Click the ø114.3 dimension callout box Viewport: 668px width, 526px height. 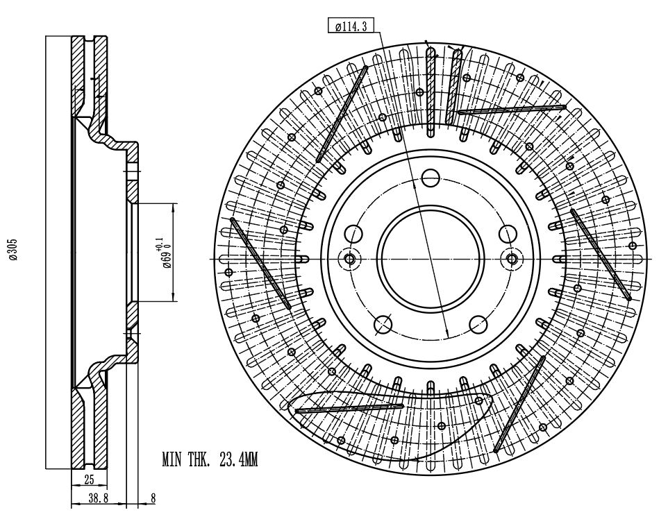pos(351,26)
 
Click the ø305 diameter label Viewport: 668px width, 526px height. pos(14,249)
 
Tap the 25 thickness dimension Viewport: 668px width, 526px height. pos(89,480)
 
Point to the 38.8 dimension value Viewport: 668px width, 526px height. pos(99,498)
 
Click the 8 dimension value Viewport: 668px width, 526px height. pos(153,498)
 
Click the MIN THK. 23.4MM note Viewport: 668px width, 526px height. pos(210,460)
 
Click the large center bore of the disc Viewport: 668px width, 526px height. pos(432,259)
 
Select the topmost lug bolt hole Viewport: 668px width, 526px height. pos(431,177)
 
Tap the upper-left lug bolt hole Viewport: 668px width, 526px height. pos(353,234)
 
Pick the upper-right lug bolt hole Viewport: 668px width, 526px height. pos(508,234)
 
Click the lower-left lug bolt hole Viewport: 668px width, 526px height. pos(383,325)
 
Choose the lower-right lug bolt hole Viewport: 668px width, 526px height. pos(479,325)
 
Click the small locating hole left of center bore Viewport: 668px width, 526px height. pos(350,259)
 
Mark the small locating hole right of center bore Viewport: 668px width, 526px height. pos(512,259)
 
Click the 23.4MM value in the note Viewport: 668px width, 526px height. pos(239,460)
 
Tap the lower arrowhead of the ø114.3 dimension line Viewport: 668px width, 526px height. pos(447,332)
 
